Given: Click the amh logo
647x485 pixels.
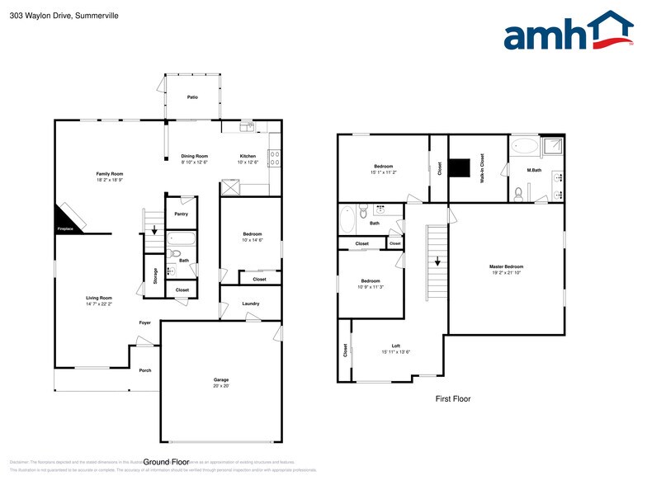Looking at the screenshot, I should click(x=569, y=33).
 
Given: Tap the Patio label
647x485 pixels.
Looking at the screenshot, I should click(x=192, y=97).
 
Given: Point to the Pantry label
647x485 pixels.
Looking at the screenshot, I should click(x=181, y=214).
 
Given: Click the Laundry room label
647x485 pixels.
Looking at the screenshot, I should click(x=251, y=304).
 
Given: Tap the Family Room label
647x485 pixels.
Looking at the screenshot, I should click(x=109, y=174).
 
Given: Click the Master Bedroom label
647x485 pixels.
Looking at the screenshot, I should click(x=506, y=266).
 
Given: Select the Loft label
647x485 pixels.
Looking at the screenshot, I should click(x=395, y=346).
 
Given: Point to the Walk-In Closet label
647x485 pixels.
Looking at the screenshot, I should click(x=483, y=167).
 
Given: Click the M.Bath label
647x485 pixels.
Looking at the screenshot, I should click(x=534, y=170).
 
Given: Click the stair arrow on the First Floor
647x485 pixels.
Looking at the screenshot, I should click(x=437, y=261).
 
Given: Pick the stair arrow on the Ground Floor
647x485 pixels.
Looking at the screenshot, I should click(x=153, y=231).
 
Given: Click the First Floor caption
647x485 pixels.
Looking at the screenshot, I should click(x=453, y=398).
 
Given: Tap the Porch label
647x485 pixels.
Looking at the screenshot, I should click(x=145, y=370).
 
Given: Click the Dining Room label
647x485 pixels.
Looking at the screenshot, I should click(x=195, y=156).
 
